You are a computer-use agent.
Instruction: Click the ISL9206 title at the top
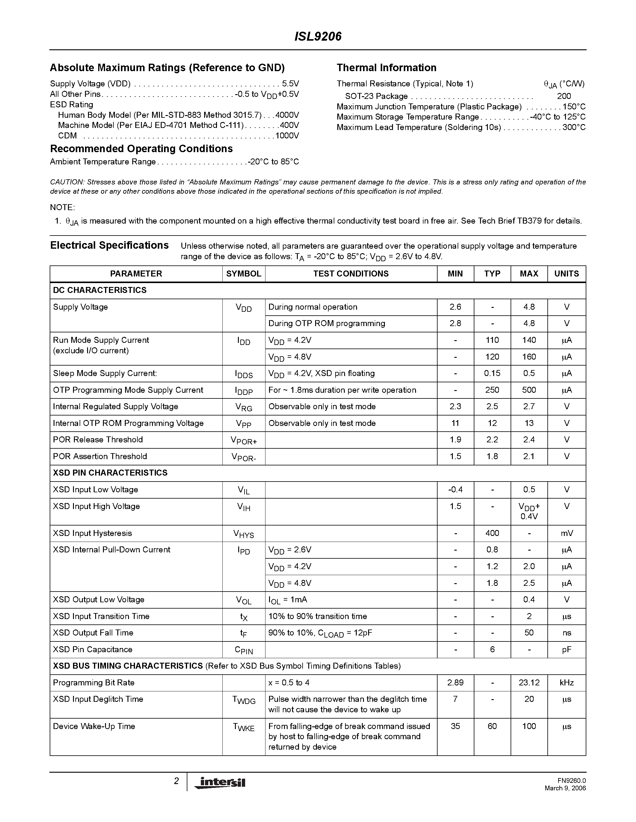coord(318,36)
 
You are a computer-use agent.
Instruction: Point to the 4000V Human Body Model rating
coord(287,115)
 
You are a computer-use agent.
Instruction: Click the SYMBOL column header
coord(243,274)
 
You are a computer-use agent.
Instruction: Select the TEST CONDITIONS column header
coord(351,274)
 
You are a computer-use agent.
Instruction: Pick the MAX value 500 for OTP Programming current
coord(529,390)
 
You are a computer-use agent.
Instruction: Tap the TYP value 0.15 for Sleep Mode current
coord(492,373)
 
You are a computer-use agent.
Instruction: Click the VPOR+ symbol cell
coord(244,440)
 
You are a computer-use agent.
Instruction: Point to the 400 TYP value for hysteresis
coord(492,533)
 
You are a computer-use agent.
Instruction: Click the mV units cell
coord(566,533)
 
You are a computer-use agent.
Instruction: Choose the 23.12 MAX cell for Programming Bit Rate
coord(529,682)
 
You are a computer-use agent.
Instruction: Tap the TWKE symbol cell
coord(244,727)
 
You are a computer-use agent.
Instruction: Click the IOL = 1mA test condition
coord(288,600)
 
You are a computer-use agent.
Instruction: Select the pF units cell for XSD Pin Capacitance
coord(566,649)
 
